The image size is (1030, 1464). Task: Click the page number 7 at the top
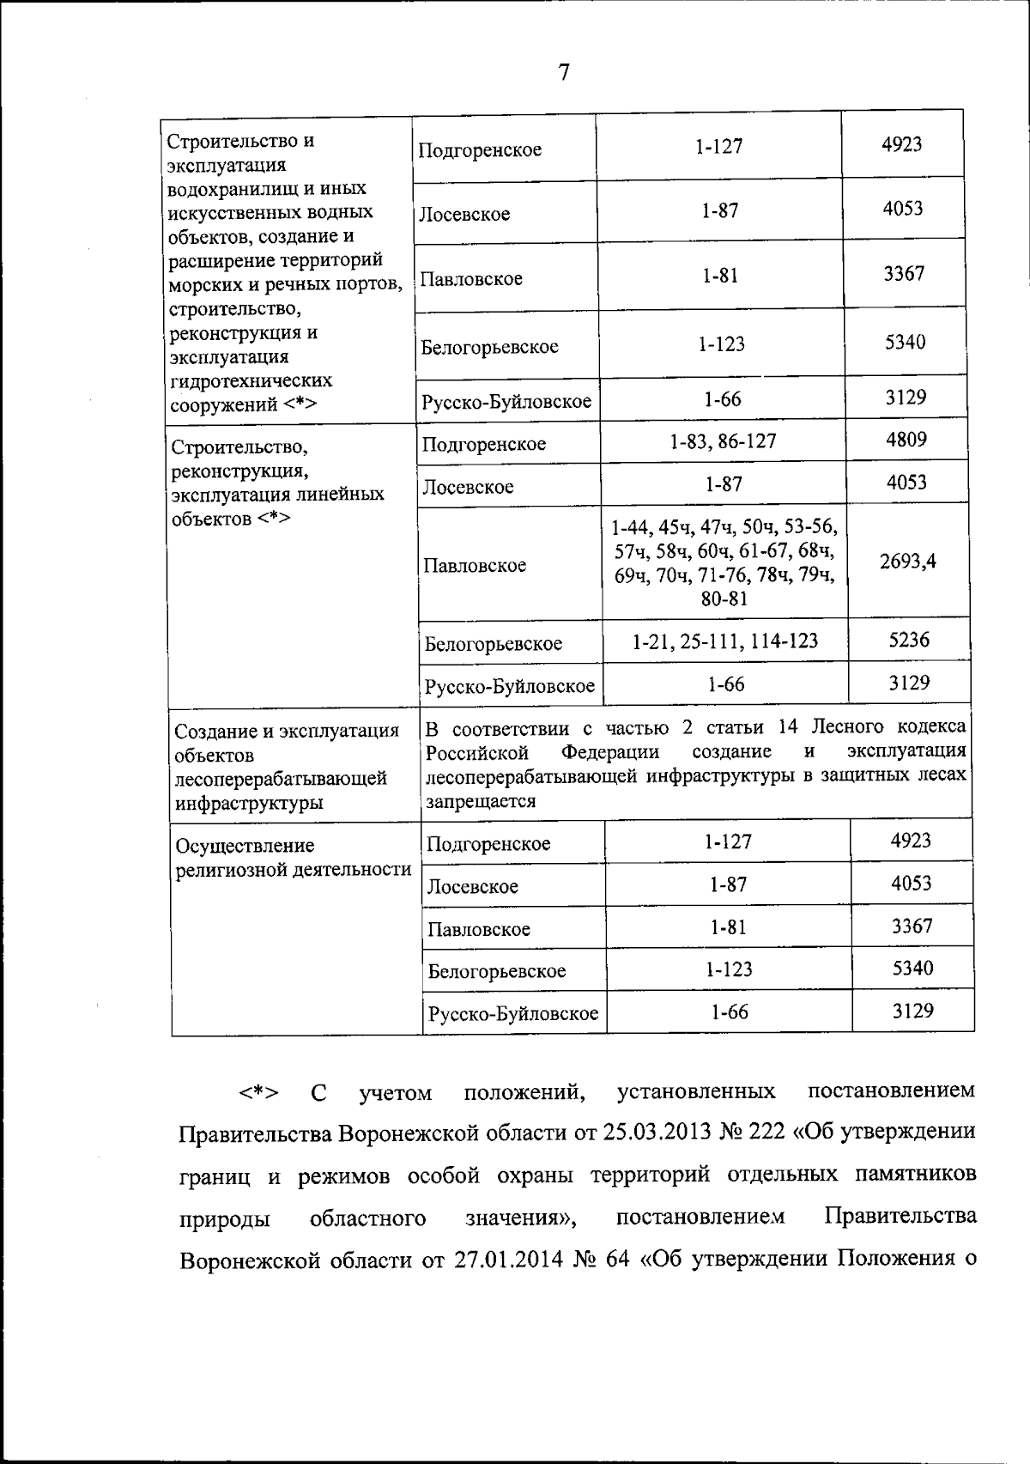click(564, 73)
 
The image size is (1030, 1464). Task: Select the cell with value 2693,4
click(907, 561)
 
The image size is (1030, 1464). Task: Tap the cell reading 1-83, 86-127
click(723, 441)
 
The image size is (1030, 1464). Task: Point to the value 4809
click(906, 440)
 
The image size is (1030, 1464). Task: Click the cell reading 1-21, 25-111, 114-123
click(724, 641)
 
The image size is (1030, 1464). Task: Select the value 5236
click(909, 640)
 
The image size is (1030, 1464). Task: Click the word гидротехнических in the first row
click(251, 380)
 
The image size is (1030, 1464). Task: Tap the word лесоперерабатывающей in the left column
click(281, 779)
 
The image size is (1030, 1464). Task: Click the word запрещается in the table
click(481, 800)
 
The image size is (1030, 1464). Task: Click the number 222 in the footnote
click(766, 1133)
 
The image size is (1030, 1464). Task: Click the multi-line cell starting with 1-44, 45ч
click(724, 562)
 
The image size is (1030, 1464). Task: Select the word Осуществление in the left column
click(245, 846)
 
